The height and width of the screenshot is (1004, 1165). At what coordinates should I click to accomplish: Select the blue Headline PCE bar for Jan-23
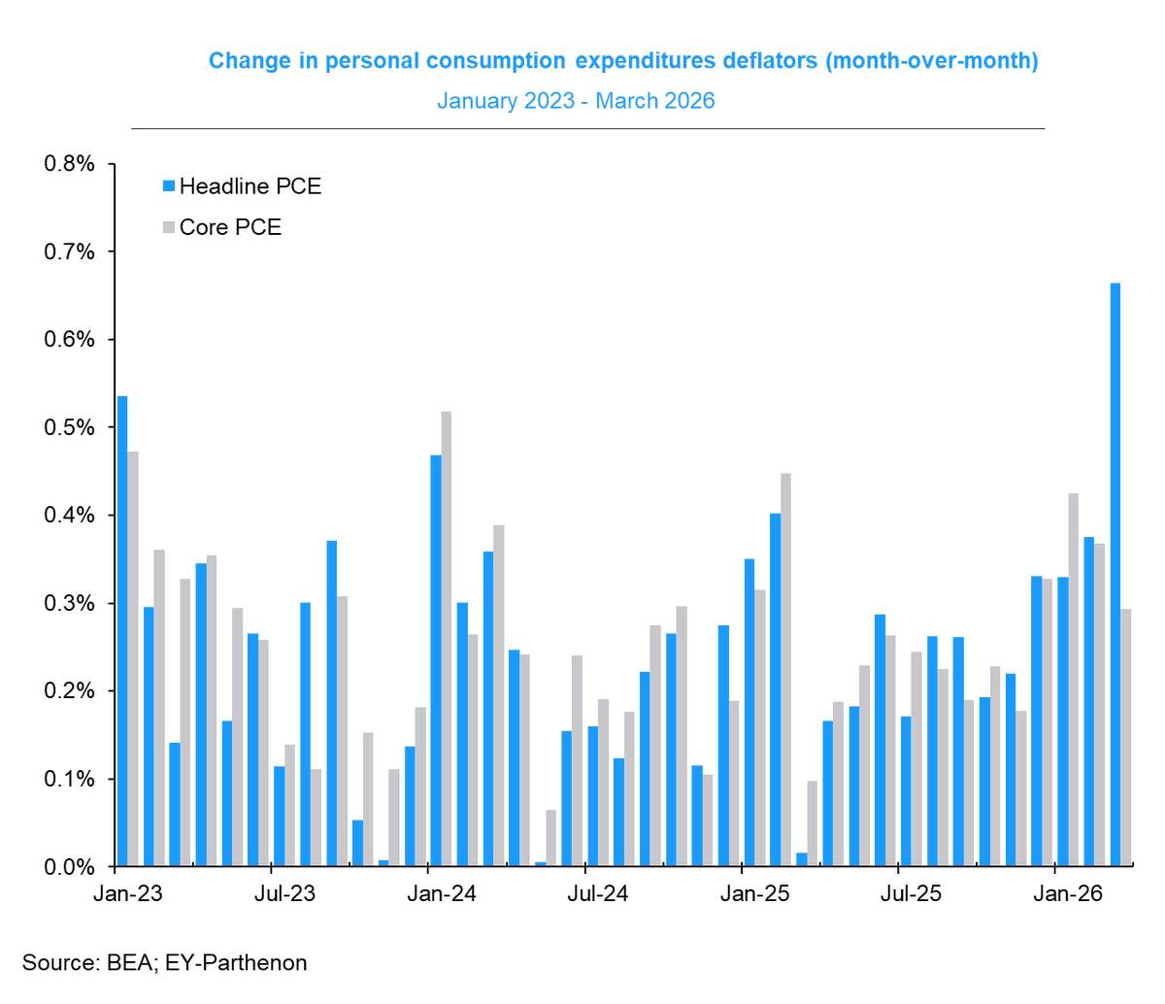click(x=122, y=631)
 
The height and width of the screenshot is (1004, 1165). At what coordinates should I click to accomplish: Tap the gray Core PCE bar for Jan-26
click(x=1073, y=680)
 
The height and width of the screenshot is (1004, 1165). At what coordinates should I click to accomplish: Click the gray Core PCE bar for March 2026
click(x=1126, y=738)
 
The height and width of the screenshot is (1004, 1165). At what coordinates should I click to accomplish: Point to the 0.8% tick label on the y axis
click(x=70, y=164)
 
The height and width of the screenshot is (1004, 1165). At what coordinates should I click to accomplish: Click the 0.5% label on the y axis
click(x=70, y=428)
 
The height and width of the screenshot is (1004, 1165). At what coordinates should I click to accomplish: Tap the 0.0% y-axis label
click(x=70, y=867)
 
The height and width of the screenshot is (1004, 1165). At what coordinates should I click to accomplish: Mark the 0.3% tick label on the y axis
click(x=70, y=604)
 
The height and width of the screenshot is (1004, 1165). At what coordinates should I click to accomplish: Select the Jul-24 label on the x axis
click(x=598, y=894)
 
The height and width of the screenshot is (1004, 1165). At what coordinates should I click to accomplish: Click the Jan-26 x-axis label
click(x=1067, y=894)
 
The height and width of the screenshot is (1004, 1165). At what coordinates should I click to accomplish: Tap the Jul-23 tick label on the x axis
click(x=285, y=894)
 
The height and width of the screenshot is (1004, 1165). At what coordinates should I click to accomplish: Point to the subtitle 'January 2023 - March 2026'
click(x=576, y=101)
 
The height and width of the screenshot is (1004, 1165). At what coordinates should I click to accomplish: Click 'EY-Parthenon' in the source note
click(x=236, y=963)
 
